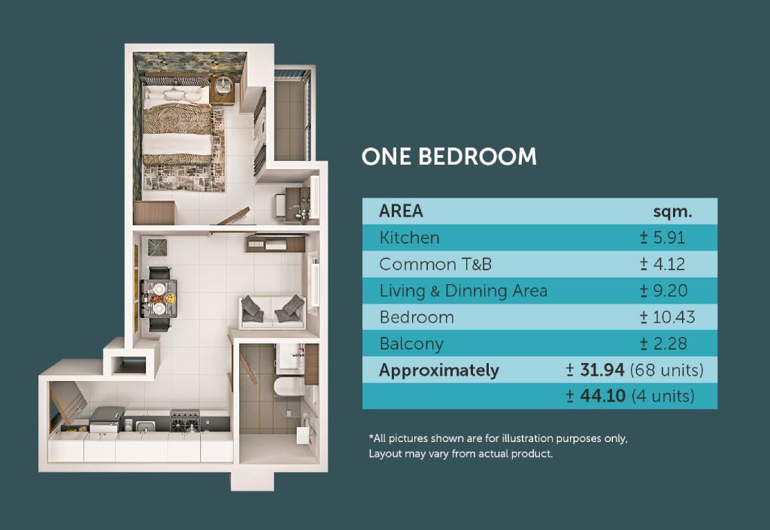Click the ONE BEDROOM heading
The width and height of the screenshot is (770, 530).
point(449,157)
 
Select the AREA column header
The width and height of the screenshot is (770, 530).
point(401,211)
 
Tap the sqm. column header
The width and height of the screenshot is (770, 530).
point(672,211)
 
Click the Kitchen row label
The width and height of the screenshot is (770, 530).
point(410,238)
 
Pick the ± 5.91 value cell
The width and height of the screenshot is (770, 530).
point(662,238)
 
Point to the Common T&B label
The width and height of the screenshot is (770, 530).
point(435,264)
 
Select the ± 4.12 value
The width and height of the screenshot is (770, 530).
point(662,264)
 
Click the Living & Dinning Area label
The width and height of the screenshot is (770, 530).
point(463,291)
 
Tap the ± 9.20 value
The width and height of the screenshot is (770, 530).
point(663,290)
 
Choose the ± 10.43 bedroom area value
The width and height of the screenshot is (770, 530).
point(667,317)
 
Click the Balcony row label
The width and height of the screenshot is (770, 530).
point(411,344)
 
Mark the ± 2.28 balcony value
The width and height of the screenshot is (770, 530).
point(663,344)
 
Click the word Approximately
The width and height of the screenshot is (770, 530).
point(439,370)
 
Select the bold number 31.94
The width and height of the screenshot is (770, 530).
point(602,370)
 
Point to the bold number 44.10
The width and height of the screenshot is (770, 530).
point(602,395)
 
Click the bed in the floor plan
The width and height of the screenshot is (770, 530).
point(177,123)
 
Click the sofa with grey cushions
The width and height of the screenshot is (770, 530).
point(273,312)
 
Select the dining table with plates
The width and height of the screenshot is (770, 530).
point(159,298)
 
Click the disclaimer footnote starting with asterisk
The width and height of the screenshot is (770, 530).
point(498,446)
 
